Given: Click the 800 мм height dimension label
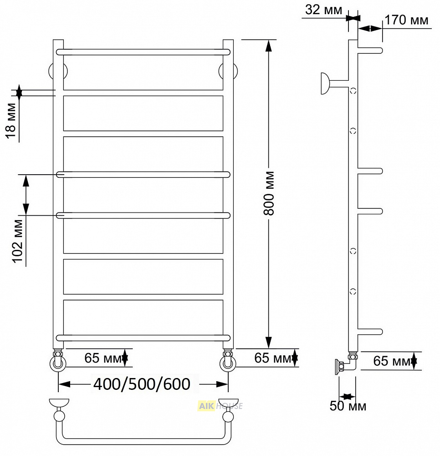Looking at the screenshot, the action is [x=269, y=193].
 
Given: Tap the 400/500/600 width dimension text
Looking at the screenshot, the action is [x=142, y=384].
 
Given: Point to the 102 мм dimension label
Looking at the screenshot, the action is [x=18, y=241].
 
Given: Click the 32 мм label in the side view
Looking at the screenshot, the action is [x=323, y=10].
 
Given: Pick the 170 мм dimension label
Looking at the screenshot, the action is [x=406, y=20].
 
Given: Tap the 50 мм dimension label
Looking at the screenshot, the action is [x=348, y=406].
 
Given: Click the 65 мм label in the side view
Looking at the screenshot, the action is [x=392, y=361].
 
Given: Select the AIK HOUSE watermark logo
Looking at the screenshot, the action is [x=220, y=406].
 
